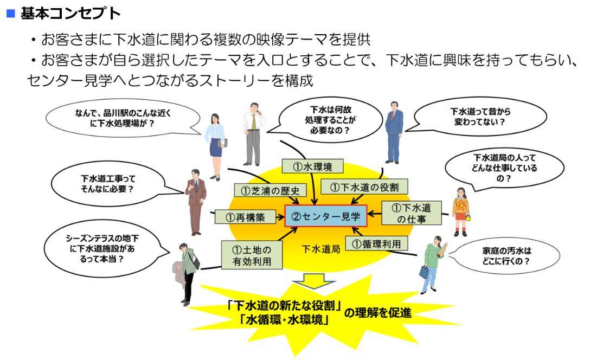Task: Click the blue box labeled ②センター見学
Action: pos(326,216)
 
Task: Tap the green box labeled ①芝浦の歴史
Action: pos(271,190)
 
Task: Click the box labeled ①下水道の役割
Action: pos(364,187)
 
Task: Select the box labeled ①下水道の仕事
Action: pos(411,213)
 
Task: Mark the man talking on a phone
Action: pos(254,132)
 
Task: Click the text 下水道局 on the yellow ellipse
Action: pos(320,249)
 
